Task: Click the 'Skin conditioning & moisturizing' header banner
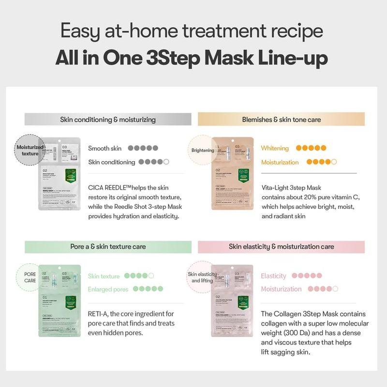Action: pos(108,119)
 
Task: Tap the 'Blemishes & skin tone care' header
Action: pos(281,119)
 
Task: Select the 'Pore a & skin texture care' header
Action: pos(108,246)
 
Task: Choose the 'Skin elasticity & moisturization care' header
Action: pos(281,246)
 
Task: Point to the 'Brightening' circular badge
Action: pos(202,150)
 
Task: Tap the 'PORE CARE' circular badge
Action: pos(30,277)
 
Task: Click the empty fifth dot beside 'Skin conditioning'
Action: pos(166,162)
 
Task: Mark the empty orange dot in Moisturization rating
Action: pos(333,162)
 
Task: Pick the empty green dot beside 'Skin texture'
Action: pos(151,276)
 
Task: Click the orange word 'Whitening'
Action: pos(275,148)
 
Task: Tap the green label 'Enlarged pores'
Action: pos(108,289)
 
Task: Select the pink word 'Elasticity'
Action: pos(274,276)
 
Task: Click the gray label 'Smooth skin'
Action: pos(105,148)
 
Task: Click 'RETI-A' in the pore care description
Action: pos(99,313)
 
